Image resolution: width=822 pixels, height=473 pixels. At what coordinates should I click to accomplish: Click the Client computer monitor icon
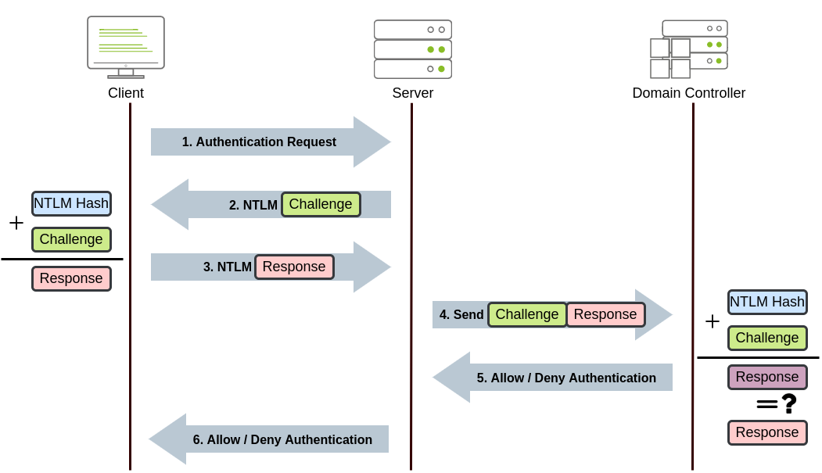click(x=125, y=45)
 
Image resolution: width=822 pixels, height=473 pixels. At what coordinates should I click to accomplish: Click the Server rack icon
click(x=412, y=49)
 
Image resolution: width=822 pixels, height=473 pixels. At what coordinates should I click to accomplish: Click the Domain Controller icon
click(x=689, y=49)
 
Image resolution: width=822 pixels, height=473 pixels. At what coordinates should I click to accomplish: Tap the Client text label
click(x=126, y=94)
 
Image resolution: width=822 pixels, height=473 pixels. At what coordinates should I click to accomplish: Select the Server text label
click(x=412, y=94)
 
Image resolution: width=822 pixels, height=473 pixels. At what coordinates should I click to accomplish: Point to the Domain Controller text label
click(x=688, y=94)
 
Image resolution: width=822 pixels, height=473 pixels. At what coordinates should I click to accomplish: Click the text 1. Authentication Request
click(x=259, y=142)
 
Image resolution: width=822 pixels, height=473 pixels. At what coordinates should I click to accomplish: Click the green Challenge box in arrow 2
click(x=321, y=205)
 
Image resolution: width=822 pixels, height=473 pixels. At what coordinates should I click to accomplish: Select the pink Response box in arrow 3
click(x=294, y=267)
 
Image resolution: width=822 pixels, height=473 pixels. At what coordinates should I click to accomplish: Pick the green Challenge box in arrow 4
click(x=527, y=314)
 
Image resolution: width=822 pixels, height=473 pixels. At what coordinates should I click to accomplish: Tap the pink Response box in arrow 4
click(x=605, y=314)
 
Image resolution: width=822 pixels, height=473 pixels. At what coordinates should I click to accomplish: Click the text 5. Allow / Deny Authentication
click(x=566, y=378)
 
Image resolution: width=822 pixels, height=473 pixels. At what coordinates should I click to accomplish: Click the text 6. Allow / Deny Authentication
click(x=282, y=440)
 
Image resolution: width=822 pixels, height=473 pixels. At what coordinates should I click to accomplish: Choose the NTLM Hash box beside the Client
click(x=71, y=204)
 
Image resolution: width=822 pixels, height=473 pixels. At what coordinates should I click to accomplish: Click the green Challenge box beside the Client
click(x=71, y=239)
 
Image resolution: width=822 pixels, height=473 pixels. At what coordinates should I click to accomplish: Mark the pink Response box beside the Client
click(x=71, y=278)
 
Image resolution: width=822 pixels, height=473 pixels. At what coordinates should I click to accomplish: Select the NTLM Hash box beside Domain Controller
click(x=766, y=302)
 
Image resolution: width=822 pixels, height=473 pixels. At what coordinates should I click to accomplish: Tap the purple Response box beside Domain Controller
click(x=766, y=377)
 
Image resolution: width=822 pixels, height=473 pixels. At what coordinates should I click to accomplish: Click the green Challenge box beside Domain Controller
click(x=766, y=338)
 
